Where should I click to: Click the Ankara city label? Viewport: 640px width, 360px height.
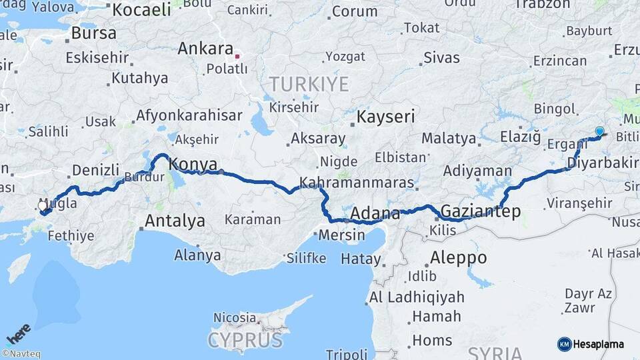click(x=205, y=49)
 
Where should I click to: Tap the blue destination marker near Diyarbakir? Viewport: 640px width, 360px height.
click(x=599, y=132)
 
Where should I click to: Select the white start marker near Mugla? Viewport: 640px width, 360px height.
click(x=43, y=207)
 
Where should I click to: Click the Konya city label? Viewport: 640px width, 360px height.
click(x=193, y=164)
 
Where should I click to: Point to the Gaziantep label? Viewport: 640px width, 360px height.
click(x=480, y=211)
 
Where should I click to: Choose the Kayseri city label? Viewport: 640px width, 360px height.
click(x=386, y=117)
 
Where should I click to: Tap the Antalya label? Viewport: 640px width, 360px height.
click(x=175, y=221)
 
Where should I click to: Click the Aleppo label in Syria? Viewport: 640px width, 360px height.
click(x=458, y=257)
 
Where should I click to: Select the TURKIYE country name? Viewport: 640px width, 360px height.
click(x=309, y=84)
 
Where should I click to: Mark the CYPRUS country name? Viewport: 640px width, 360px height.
click(x=245, y=340)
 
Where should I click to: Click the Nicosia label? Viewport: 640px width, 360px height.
click(x=235, y=317)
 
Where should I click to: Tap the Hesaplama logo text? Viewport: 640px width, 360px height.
click(x=599, y=344)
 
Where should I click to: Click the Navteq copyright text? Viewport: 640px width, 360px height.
click(x=22, y=354)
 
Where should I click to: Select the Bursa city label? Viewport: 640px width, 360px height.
click(x=93, y=33)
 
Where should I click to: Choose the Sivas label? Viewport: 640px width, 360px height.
click(x=441, y=57)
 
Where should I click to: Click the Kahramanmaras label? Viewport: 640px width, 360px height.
click(x=357, y=183)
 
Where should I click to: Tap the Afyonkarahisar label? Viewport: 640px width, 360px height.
click(x=189, y=115)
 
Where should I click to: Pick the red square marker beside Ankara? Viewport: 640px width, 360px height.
click(x=237, y=56)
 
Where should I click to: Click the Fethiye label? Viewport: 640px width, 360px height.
click(x=70, y=235)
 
